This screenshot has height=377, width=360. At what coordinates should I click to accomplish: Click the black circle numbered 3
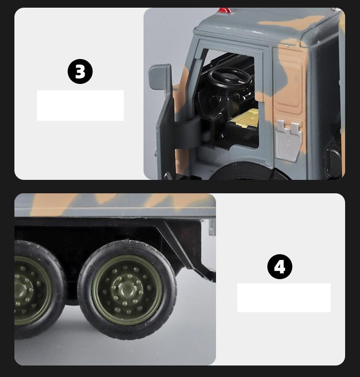pyautogui.click(x=80, y=71)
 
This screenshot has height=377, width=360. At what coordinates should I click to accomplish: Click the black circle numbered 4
pyautogui.click(x=280, y=267)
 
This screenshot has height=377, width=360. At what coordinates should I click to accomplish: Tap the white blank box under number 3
pyautogui.click(x=80, y=106)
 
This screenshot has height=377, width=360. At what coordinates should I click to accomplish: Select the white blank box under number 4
pyautogui.click(x=284, y=298)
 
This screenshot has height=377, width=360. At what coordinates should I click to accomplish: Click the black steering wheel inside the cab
pyautogui.click(x=230, y=77)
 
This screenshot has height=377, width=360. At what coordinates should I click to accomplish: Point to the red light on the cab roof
pyautogui.click(x=224, y=11)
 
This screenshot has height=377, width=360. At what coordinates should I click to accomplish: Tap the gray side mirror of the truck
pyautogui.click(x=160, y=77)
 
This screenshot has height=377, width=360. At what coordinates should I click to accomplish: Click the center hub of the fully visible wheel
pyautogui.click(x=128, y=288)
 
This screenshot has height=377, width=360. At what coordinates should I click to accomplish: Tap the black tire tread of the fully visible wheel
pyautogui.click(x=127, y=335)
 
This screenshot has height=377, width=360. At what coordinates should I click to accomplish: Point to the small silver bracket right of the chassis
pyautogui.click(x=212, y=227)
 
